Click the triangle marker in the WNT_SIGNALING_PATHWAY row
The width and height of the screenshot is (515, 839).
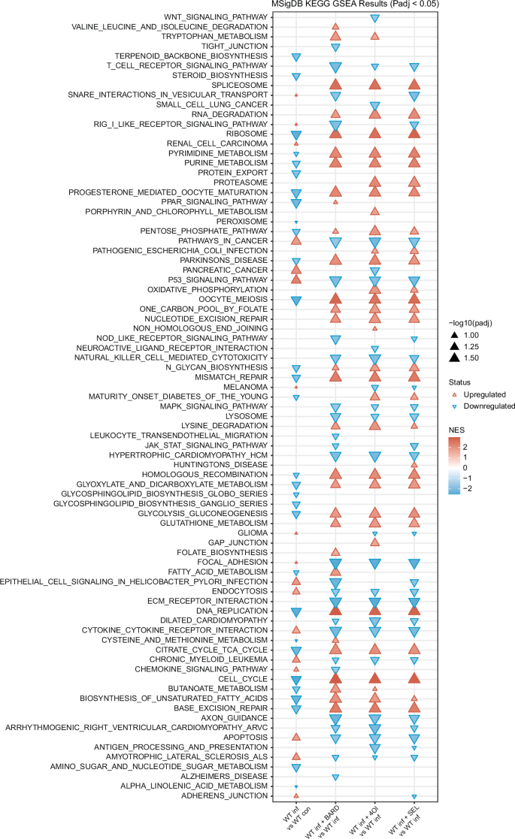[374, 17]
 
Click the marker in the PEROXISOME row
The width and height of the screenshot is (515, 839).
[296, 222]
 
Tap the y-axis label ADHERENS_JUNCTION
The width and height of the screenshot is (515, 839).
[247, 796]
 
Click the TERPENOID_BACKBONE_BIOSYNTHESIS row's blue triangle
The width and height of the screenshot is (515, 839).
[296, 56]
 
